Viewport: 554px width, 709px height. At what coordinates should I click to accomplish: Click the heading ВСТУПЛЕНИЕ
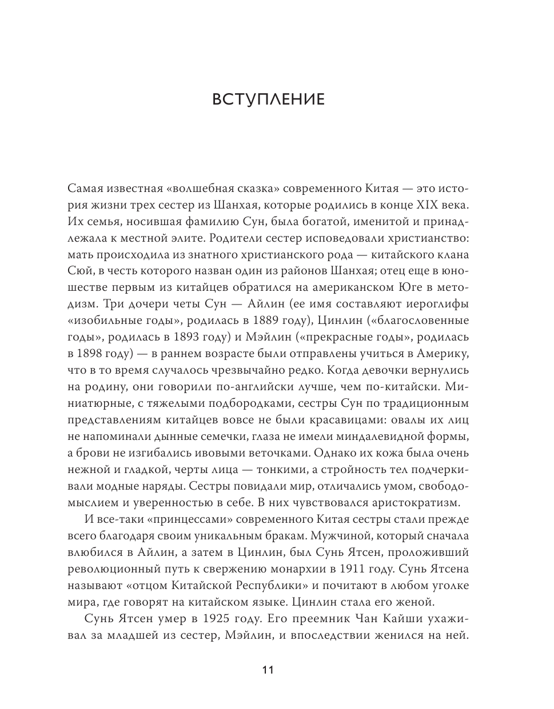pos(268,99)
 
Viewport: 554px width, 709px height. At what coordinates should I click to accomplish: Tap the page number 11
pos(268,670)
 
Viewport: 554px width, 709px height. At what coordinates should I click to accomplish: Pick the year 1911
pos(350,569)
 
